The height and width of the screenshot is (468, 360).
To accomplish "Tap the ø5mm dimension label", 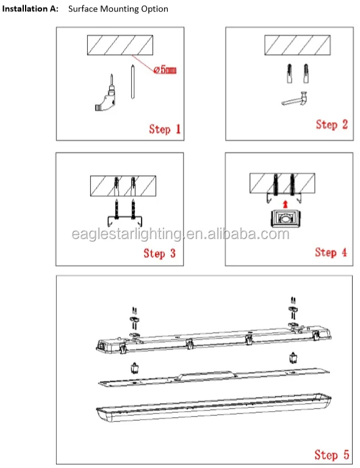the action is pyautogui.click(x=165, y=70).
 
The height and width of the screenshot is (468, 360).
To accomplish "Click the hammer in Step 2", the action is pyautogui.click(x=295, y=99).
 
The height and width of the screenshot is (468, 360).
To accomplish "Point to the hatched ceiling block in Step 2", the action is pyautogui.click(x=297, y=45).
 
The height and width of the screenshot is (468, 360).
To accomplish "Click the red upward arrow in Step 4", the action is pyautogui.click(x=286, y=204).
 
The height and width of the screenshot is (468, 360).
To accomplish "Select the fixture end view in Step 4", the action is pyautogui.click(x=286, y=218).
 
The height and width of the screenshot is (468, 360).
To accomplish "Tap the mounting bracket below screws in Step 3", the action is pyautogui.click(x=124, y=220).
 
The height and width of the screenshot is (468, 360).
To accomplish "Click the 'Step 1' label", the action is pyautogui.click(x=165, y=129).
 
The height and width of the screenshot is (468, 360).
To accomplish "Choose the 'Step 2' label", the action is pyautogui.click(x=332, y=124).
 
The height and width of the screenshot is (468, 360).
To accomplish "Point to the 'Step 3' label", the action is pyautogui.click(x=159, y=253).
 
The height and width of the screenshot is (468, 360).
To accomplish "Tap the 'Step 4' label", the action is pyautogui.click(x=331, y=253).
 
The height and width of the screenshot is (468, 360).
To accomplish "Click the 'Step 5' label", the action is pyautogui.click(x=332, y=455).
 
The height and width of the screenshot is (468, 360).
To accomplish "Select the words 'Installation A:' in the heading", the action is pyautogui.click(x=30, y=9).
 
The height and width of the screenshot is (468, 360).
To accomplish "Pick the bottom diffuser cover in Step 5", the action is pyautogui.click(x=214, y=407).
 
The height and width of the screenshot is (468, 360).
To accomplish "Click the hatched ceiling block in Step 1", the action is pyautogui.click(x=120, y=45).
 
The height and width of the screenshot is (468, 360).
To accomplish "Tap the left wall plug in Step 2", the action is pyautogui.click(x=289, y=73).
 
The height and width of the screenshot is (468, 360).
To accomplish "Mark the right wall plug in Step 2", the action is pyautogui.click(x=306, y=73).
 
